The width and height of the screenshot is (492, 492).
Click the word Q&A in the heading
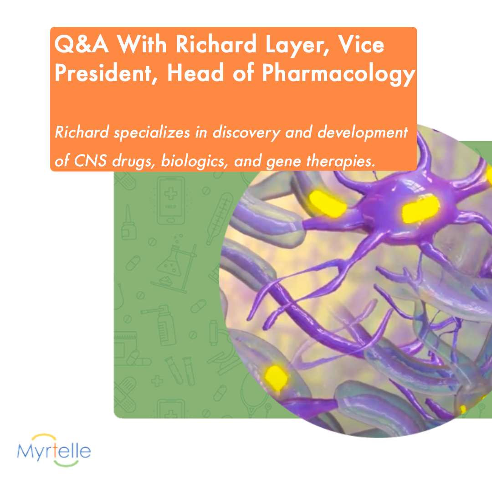82,44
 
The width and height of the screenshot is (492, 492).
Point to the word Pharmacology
338,74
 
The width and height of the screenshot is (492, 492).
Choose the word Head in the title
195,72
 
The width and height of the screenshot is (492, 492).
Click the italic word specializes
152,133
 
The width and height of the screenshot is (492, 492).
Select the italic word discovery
246,133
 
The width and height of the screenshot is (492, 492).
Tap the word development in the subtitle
363,133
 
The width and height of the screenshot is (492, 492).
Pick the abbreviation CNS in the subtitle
90,161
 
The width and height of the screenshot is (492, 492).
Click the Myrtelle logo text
54,451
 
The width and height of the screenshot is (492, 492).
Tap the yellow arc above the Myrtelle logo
44,436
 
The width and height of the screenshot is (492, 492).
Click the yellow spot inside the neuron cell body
420,208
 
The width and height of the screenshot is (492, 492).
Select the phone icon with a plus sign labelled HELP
171,200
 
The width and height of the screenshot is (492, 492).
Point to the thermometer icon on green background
220,219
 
